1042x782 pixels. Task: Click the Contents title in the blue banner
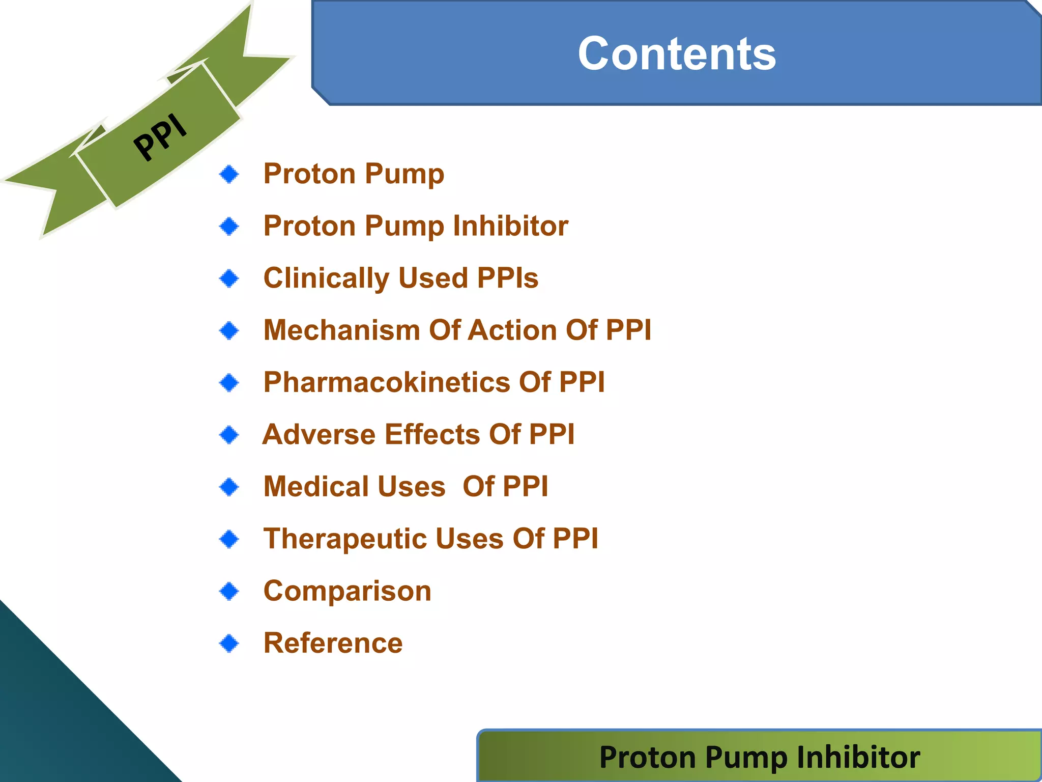[677, 54]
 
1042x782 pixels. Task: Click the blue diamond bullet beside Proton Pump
[229, 174]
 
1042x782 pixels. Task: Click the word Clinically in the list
[326, 278]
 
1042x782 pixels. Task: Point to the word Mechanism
[341, 330]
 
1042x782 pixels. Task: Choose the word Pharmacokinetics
[387, 382]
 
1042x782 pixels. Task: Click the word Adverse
[319, 434]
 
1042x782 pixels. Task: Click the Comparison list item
[347, 591]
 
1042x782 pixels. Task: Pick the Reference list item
[333, 643]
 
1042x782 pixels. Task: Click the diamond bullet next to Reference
[229, 643]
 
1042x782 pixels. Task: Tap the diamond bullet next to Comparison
[229, 591]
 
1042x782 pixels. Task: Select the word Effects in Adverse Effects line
[432, 434]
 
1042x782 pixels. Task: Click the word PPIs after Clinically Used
[507, 278]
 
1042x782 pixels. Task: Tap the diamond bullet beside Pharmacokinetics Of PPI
[229, 382]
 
